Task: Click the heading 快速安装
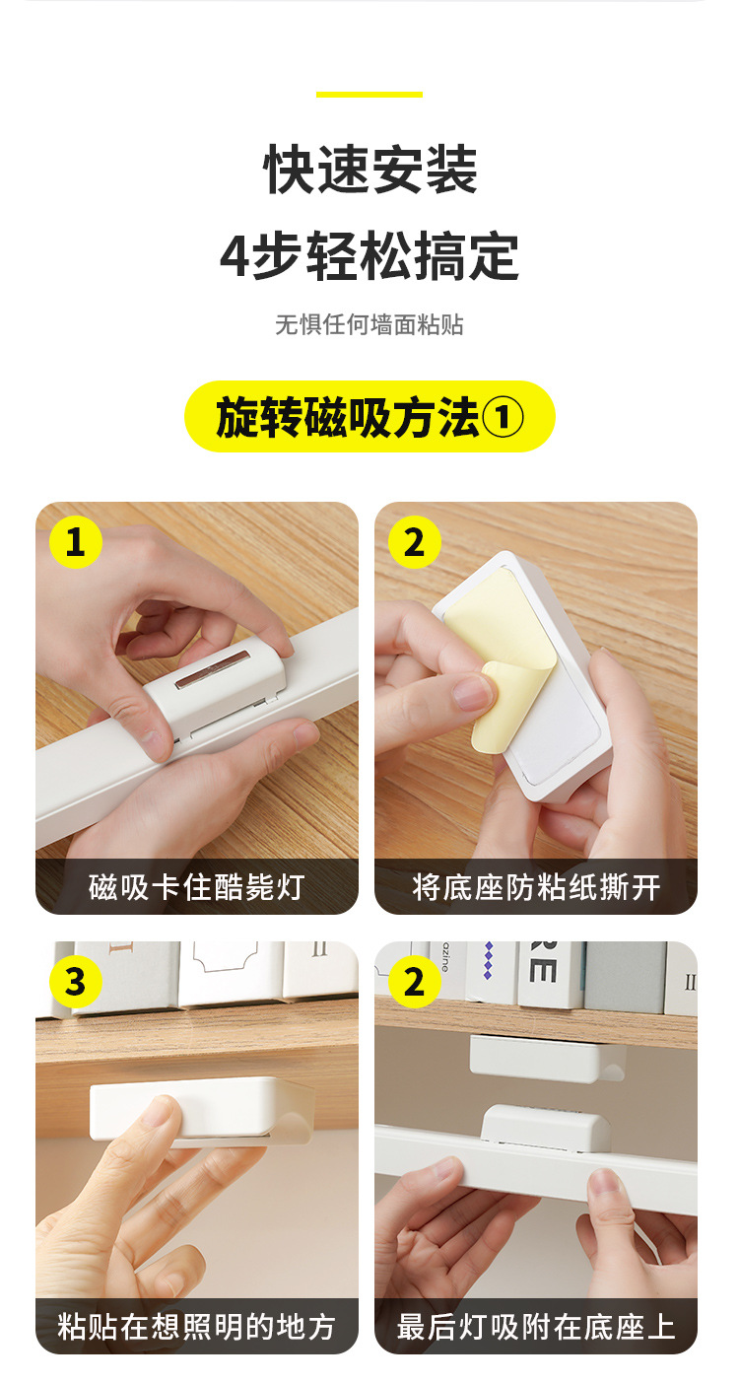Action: coord(369,170)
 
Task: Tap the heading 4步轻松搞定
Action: coord(369,256)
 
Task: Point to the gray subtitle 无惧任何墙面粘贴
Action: coord(369,324)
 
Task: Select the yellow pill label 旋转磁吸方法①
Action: coord(369,417)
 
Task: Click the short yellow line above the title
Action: coord(369,95)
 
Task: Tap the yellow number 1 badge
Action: coord(75,542)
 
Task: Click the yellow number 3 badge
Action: coord(75,982)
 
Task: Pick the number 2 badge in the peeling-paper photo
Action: coord(414,542)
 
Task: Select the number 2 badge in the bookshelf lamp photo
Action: coord(414,982)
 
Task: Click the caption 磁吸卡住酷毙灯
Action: coord(196,887)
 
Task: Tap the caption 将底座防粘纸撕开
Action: coord(535,887)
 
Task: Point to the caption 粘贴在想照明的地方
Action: coord(196,1326)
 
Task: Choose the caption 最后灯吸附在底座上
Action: coord(535,1326)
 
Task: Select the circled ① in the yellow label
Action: coord(503,418)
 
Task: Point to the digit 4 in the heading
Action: coord(235,257)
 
